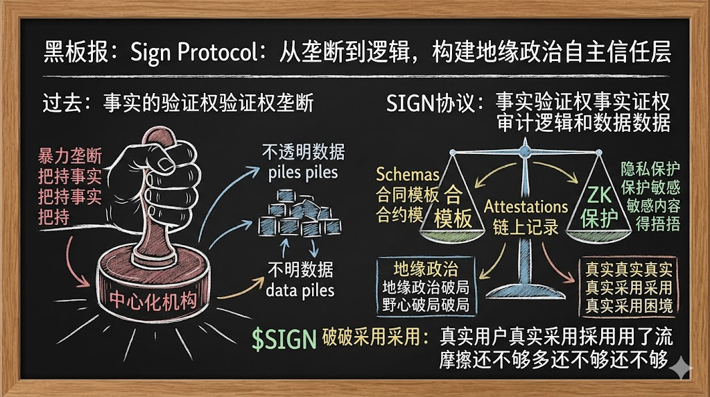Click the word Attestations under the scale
click(526, 206)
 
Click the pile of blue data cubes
click(300, 215)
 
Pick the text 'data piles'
click(300, 289)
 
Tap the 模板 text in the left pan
click(453, 219)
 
